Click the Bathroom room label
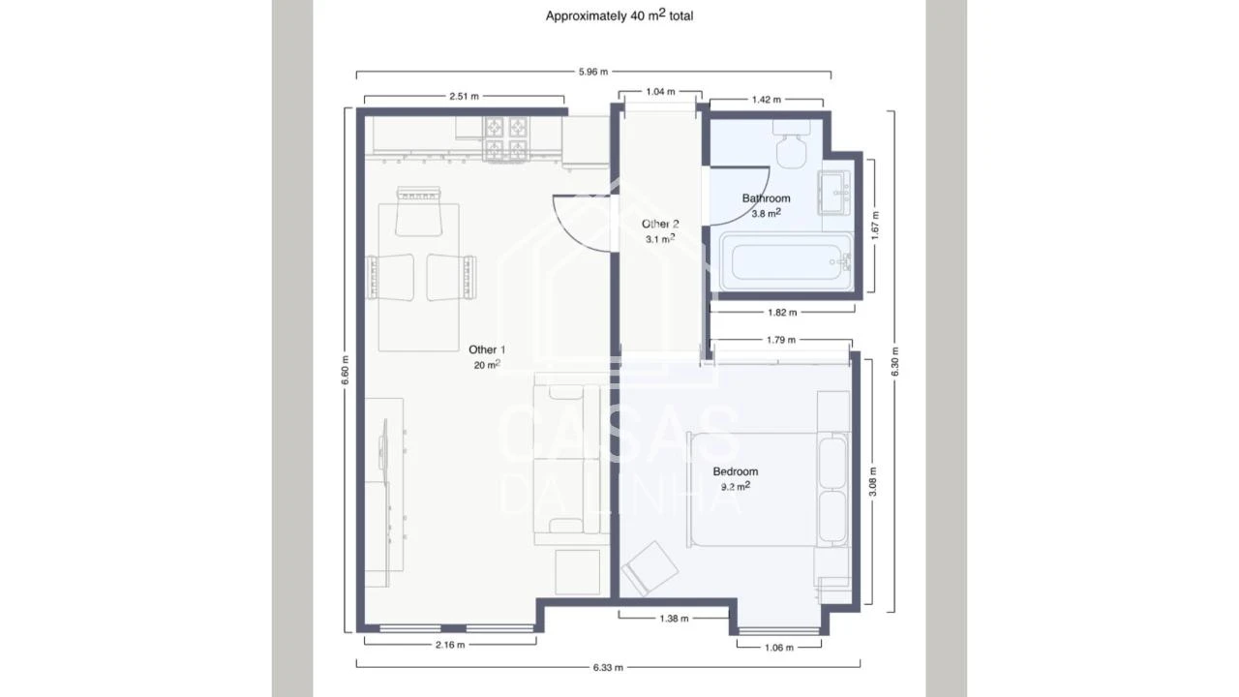click(766, 198)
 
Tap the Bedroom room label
click(736, 471)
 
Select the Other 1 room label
click(487, 349)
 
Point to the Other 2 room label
click(660, 224)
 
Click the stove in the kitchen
click(507, 139)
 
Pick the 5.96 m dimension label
click(593, 72)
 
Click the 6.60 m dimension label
click(346, 370)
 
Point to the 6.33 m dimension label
click(608, 667)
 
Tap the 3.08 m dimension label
click(872, 482)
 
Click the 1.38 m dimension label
click(674, 618)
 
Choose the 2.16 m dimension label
click(450, 645)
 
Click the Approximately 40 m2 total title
click(619, 15)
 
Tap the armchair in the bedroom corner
click(650, 569)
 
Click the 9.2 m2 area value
click(736, 487)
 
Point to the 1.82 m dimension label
click(781, 313)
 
